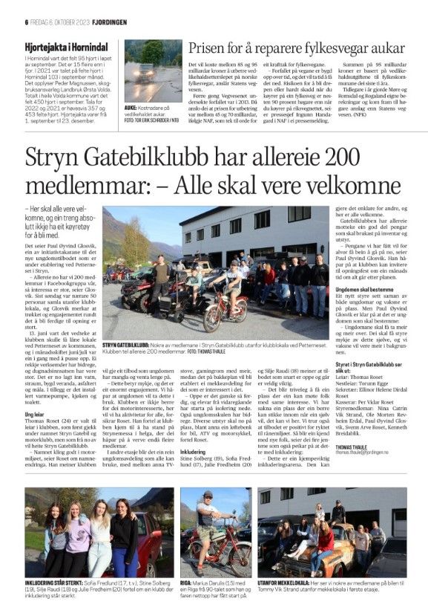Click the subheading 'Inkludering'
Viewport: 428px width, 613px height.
[x=194, y=429]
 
